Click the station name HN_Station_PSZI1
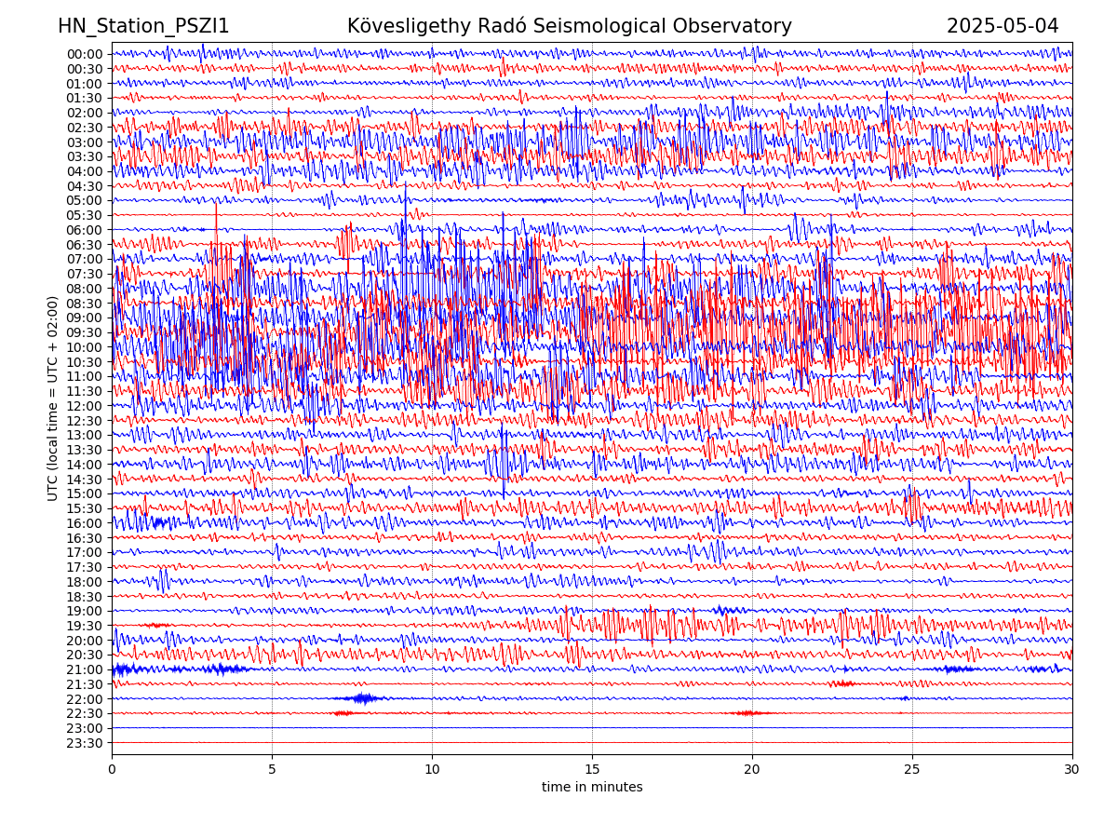tap(143, 26)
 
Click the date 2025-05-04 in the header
tap(1003, 26)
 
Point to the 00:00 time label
tap(85, 54)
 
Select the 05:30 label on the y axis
tap(85, 215)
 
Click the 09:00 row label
tap(85, 318)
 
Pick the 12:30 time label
tap(85, 421)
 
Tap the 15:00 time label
tap(85, 493)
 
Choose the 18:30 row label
tap(85, 597)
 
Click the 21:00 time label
tap(85, 669)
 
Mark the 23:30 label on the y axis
tap(85, 743)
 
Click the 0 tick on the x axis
tap(112, 769)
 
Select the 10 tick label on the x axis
tap(432, 769)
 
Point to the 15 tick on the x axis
tap(592, 769)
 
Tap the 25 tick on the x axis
tap(912, 769)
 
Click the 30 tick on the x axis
tap(1072, 769)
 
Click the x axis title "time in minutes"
tap(592, 787)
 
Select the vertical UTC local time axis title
tap(53, 398)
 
